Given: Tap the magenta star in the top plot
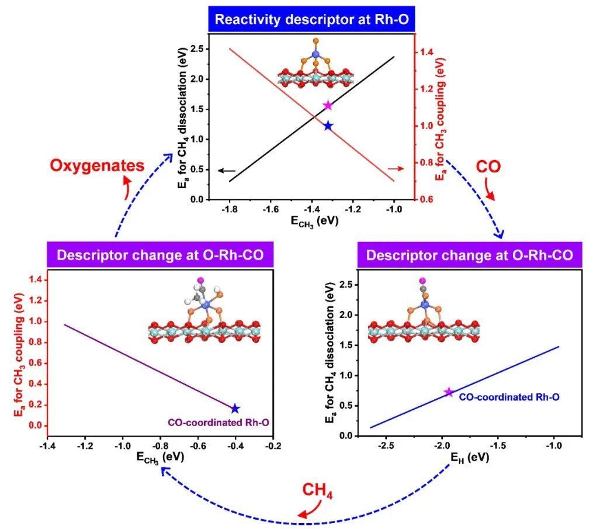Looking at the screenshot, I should click(x=328, y=105).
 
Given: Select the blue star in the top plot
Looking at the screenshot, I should click(x=328, y=126).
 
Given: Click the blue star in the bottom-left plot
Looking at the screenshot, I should click(x=235, y=409).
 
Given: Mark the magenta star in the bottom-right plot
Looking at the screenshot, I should click(x=449, y=392).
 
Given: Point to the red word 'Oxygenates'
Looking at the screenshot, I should click(x=97, y=165).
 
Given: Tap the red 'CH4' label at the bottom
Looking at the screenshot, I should click(x=317, y=494).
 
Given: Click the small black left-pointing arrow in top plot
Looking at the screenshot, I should click(x=227, y=171).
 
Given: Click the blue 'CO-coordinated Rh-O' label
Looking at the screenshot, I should click(x=509, y=397).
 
